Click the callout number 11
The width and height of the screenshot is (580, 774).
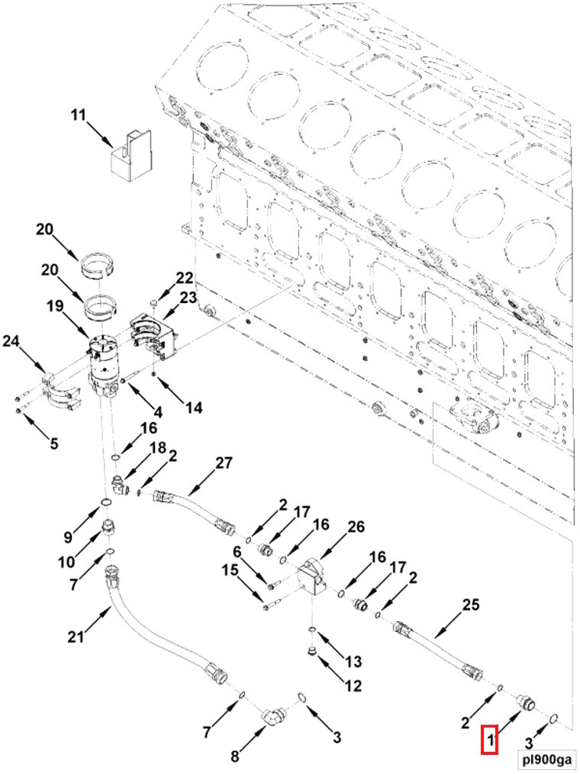tap(78, 115)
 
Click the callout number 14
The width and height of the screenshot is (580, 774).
tap(193, 408)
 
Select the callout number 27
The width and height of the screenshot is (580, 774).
tap(224, 463)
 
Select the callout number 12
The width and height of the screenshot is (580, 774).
tap(353, 685)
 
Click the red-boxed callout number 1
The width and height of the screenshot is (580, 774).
tap(489, 740)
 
